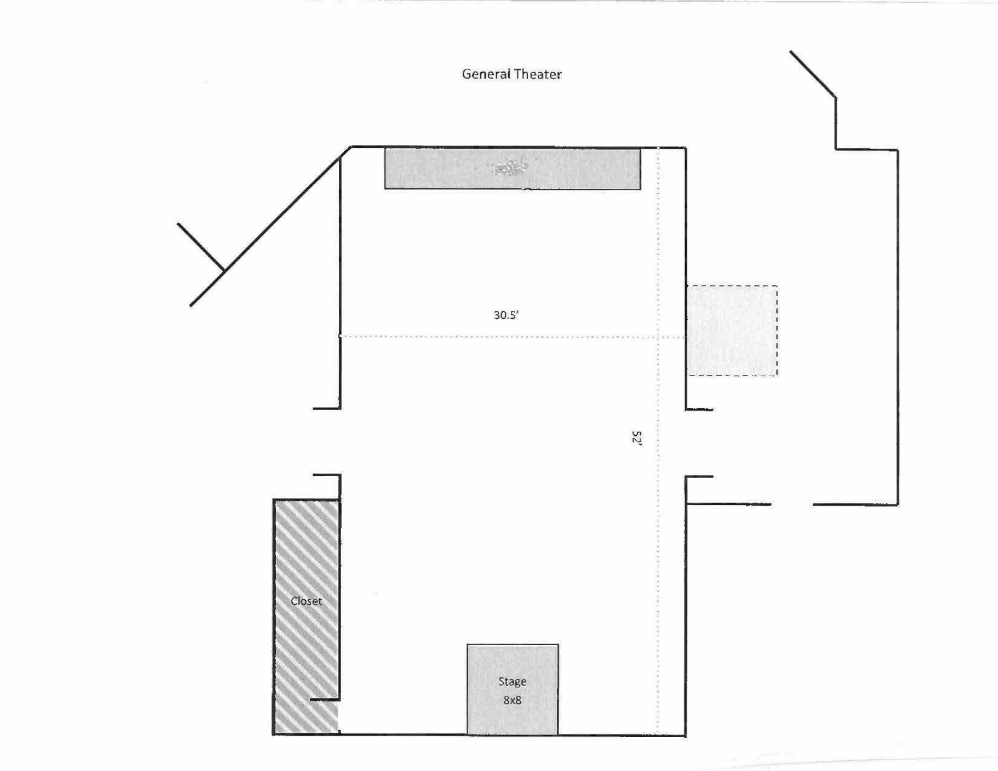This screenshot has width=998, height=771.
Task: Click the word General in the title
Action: tap(486, 74)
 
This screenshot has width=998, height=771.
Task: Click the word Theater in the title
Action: tap(537, 74)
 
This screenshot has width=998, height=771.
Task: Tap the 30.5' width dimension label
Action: tap(506, 315)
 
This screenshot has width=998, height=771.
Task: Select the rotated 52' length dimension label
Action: tap(636, 438)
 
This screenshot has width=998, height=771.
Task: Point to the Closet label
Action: tap(306, 601)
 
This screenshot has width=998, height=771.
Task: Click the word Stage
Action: tap(512, 682)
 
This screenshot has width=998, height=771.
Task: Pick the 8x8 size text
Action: tap(512, 700)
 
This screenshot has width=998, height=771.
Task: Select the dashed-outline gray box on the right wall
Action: tap(732, 331)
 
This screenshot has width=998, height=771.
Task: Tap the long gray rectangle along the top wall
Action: tap(512, 168)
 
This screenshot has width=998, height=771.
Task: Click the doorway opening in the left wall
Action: tap(340, 442)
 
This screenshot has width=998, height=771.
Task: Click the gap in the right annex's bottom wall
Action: tap(792, 504)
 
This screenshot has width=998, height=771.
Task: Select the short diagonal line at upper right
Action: tap(813, 73)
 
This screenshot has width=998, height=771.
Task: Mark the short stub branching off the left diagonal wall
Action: tap(200, 247)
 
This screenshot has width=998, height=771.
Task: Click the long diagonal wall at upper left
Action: tap(270, 227)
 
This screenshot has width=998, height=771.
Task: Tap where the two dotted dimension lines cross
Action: tap(658, 337)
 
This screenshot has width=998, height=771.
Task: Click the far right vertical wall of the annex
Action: tap(898, 327)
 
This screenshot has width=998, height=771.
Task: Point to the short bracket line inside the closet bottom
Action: tap(325, 700)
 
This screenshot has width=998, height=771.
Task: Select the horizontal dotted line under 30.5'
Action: tap(512, 337)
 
